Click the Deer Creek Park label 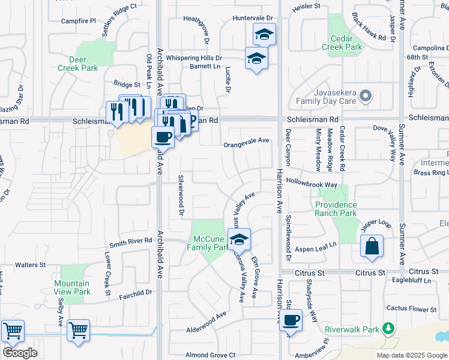77,64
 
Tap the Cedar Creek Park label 342,43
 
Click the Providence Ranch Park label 336,209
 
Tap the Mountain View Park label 71,287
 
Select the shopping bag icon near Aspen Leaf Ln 372,246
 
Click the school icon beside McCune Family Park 240,239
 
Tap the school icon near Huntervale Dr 264,34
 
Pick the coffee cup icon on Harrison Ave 291,319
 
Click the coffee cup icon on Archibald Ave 163,137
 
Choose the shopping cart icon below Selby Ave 78,330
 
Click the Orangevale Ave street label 246,141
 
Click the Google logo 19,353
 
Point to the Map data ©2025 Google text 411,355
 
